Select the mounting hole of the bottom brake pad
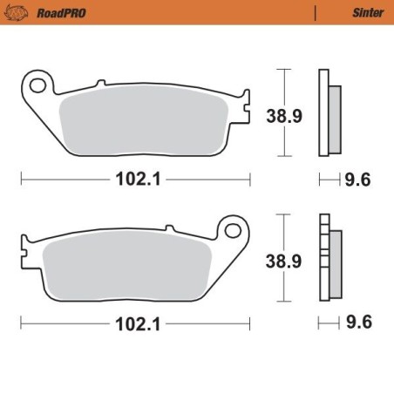click(x=233, y=230)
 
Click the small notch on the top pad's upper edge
click(x=100, y=85)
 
